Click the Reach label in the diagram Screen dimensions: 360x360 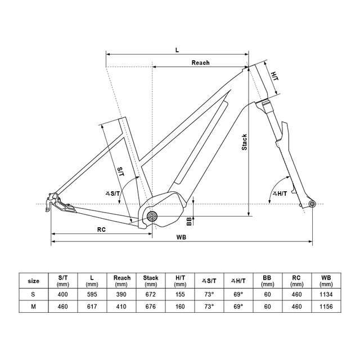200,62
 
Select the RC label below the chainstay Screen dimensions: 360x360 101,229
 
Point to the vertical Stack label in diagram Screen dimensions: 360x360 244,142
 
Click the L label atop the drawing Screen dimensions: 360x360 177,49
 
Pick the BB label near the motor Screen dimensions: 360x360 190,221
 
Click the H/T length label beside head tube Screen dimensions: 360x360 274,75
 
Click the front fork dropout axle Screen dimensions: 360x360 313,204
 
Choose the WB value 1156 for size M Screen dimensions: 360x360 326,307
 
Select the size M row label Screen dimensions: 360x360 34,307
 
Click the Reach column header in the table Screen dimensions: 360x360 122,280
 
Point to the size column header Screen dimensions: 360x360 34,280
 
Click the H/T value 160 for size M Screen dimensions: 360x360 180,307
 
